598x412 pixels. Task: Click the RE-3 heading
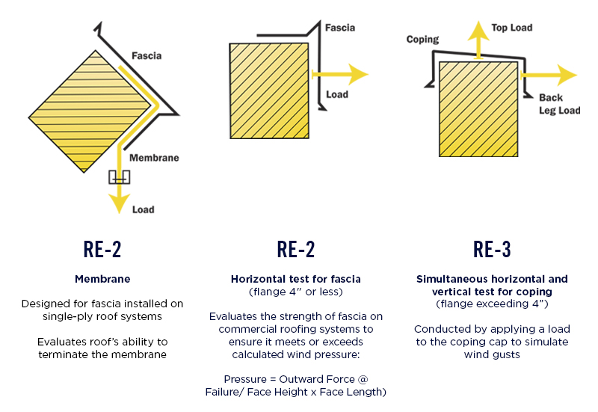(x=491, y=250)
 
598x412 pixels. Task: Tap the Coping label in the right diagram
(x=422, y=39)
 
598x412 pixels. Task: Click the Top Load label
(x=511, y=28)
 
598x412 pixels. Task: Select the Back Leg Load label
(x=559, y=104)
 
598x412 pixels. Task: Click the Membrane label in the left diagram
(x=154, y=158)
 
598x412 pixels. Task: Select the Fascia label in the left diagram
(x=147, y=55)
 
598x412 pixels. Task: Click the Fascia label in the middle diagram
(x=340, y=28)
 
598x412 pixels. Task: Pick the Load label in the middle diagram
(x=337, y=95)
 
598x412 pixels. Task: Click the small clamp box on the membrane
(x=118, y=176)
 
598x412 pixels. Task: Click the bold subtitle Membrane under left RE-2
(x=102, y=279)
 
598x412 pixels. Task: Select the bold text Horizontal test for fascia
(x=295, y=279)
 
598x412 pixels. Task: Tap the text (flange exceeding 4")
(x=491, y=304)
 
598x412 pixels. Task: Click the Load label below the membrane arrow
(x=144, y=209)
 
